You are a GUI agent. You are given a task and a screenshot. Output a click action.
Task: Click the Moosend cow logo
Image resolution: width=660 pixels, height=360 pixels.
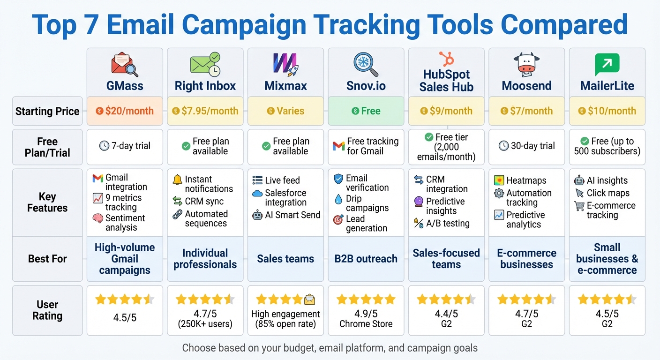pyautogui.click(x=526, y=64)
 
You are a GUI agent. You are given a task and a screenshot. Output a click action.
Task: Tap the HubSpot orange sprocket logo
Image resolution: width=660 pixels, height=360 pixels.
pyautogui.click(x=446, y=59)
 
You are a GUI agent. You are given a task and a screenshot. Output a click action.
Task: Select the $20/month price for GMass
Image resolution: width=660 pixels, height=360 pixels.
pyautogui.click(x=125, y=111)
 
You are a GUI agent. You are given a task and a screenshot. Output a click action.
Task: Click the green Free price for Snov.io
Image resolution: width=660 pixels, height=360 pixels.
pyautogui.click(x=366, y=111)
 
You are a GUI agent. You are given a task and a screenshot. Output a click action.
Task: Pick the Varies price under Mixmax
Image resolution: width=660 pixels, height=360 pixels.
pyautogui.click(x=285, y=111)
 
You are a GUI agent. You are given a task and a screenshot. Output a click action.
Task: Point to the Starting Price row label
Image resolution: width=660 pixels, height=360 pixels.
pyautogui.click(x=47, y=111)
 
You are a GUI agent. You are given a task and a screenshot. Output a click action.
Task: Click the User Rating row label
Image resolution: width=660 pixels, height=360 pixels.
pyautogui.click(x=47, y=310)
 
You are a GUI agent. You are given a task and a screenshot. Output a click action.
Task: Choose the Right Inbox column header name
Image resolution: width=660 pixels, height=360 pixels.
pyautogui.click(x=205, y=86)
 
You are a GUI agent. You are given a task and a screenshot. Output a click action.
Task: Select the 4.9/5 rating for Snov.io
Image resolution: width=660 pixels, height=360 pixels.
pyautogui.click(x=366, y=314)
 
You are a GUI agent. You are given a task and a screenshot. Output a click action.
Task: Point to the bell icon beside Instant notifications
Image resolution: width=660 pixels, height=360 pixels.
pyautogui.click(x=178, y=180)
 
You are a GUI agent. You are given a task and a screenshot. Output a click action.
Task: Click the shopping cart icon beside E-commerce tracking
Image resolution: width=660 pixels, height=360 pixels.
pyautogui.click(x=579, y=206)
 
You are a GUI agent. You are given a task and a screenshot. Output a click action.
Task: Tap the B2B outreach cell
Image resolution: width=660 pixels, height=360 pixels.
pyautogui.click(x=366, y=259)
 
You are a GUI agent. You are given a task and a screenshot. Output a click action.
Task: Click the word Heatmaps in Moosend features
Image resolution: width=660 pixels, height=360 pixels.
pyautogui.click(x=526, y=180)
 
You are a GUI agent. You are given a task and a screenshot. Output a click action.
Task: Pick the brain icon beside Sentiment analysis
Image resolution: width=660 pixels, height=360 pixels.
pyautogui.click(x=98, y=218)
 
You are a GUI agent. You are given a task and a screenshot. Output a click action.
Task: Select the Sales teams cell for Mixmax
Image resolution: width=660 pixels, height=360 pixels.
pyautogui.click(x=285, y=259)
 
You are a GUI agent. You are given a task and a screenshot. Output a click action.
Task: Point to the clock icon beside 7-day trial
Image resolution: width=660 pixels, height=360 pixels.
pyautogui.click(x=104, y=146)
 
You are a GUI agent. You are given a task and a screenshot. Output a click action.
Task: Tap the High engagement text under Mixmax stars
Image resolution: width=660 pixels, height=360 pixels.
pyautogui.click(x=285, y=314)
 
